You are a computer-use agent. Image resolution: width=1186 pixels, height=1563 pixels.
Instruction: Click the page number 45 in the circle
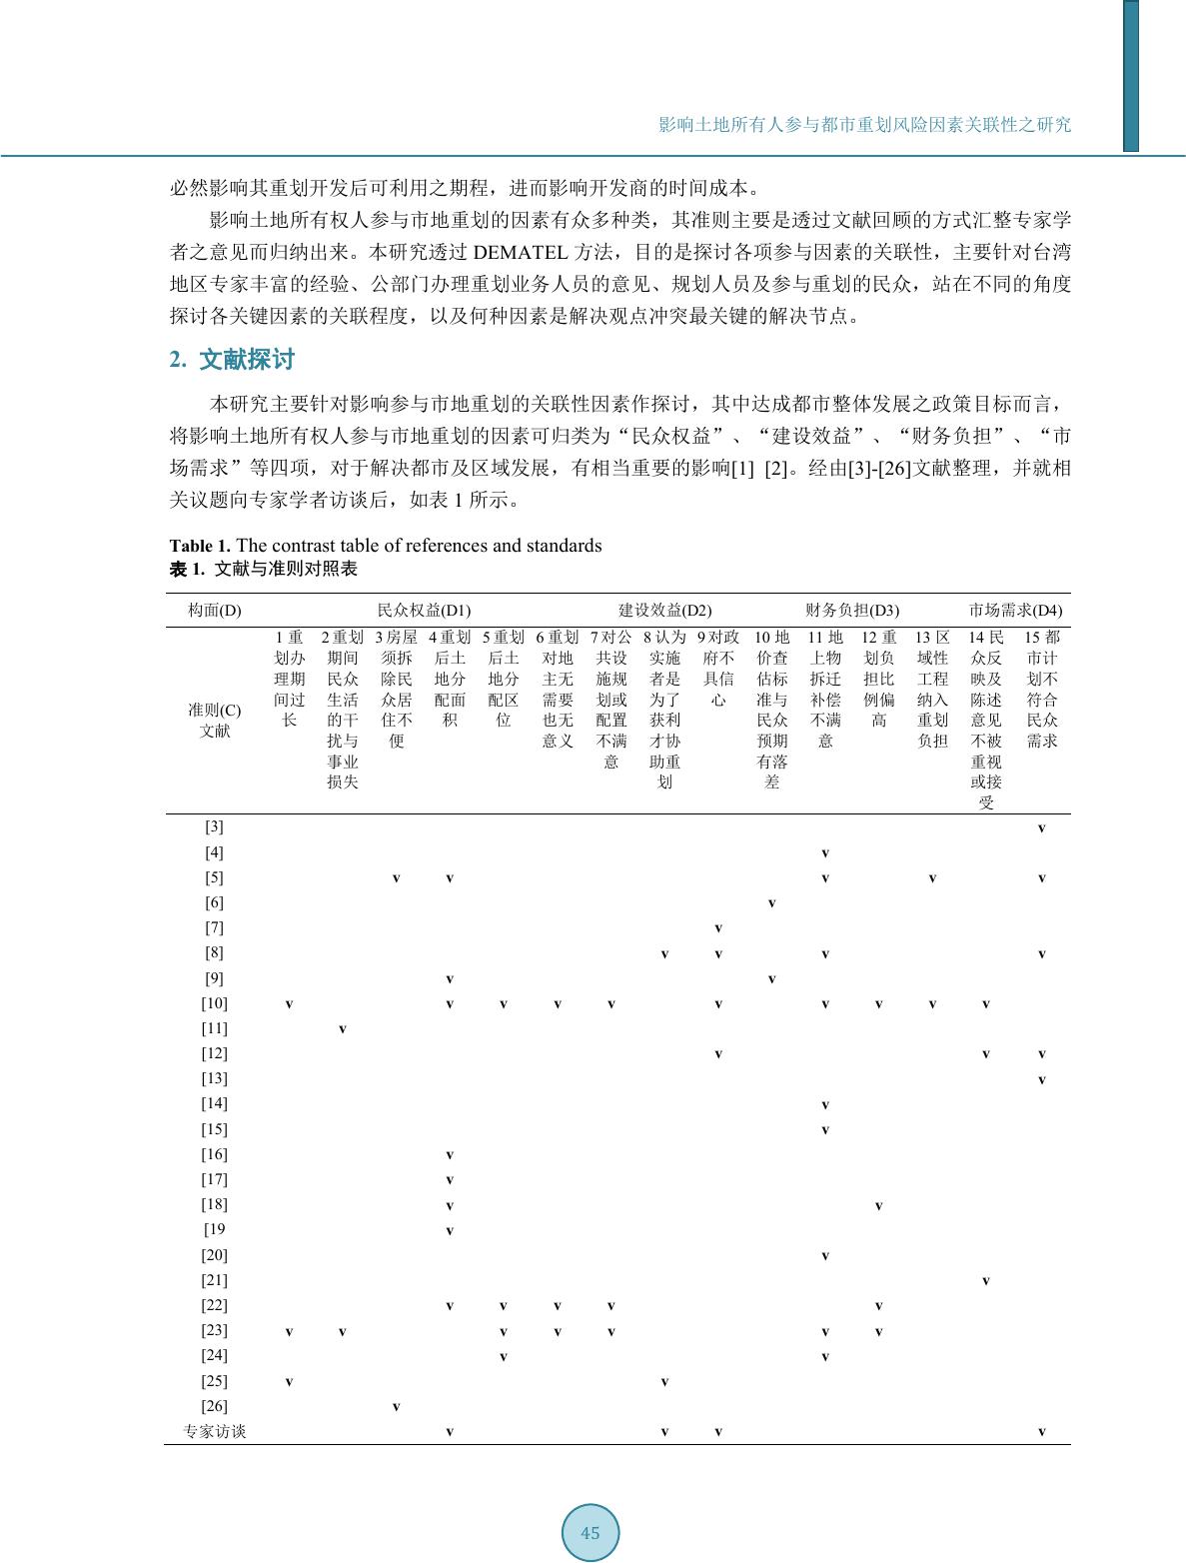[x=590, y=1532]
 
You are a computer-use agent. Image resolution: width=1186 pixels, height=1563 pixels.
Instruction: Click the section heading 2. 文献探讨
[x=232, y=360]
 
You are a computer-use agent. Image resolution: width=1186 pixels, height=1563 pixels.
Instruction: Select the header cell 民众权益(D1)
[x=424, y=610]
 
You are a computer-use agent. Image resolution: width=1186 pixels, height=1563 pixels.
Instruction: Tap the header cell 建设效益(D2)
[x=664, y=610]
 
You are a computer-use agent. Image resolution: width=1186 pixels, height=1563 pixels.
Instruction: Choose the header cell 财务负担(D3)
[x=852, y=610]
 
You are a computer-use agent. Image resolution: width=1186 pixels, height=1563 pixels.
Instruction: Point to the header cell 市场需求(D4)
[x=1015, y=610]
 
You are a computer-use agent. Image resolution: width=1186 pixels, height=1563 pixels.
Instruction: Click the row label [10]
[x=214, y=1003]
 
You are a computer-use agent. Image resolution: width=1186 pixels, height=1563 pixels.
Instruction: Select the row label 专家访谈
[x=214, y=1431]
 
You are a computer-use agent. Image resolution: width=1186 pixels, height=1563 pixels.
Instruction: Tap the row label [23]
[x=214, y=1330]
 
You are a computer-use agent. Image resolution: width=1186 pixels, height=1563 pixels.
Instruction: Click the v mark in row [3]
[x=1041, y=828]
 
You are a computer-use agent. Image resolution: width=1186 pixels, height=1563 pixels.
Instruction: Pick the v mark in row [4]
[x=824, y=853]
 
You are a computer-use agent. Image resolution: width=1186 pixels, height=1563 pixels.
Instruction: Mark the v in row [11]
[x=342, y=1028]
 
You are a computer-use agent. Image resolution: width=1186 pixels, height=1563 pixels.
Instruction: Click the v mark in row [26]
[x=396, y=1407]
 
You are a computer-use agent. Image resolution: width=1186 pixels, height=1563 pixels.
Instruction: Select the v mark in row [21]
[x=985, y=1280]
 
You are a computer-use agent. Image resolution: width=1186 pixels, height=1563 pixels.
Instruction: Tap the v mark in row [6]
[x=771, y=903]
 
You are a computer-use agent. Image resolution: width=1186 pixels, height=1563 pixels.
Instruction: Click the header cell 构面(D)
[x=214, y=610]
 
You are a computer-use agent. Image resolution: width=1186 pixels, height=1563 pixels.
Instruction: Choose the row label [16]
[x=214, y=1154]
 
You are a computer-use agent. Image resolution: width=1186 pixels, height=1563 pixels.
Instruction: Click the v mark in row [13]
[x=1041, y=1079]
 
